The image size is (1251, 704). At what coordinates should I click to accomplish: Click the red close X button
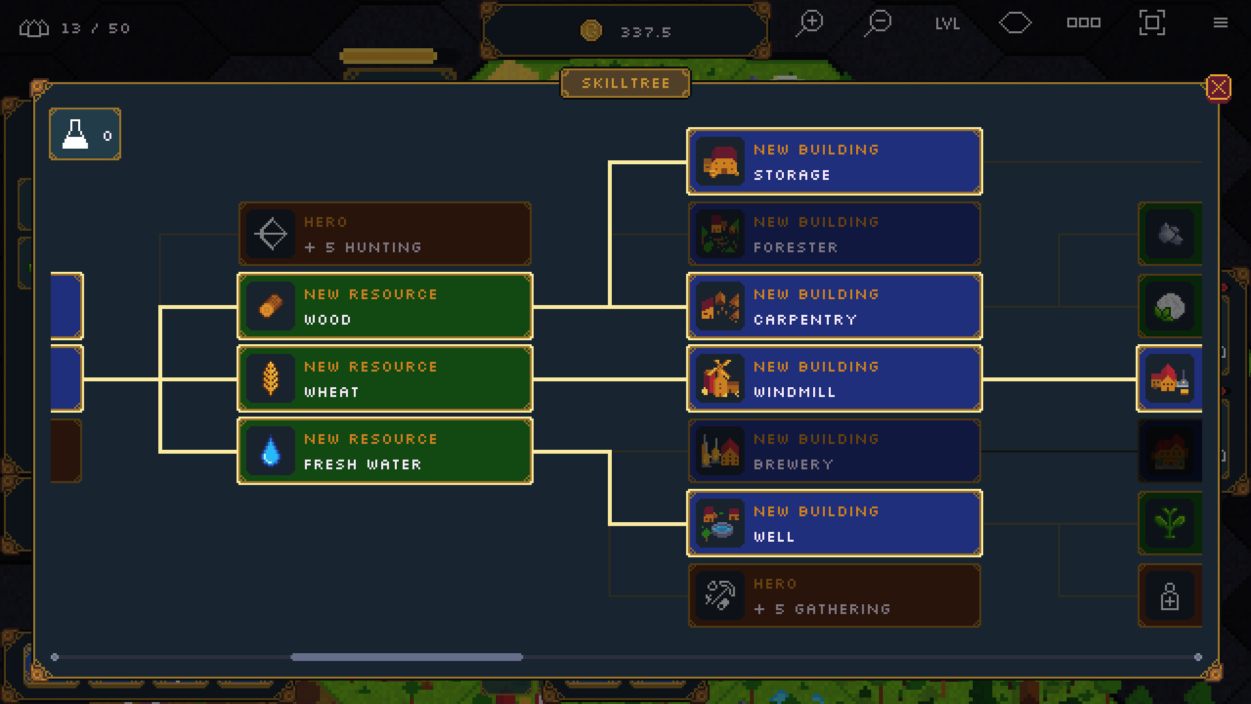pos(1218,87)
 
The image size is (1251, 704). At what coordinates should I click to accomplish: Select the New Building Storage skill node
pos(834,162)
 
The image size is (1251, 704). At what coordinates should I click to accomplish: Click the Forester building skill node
pos(834,234)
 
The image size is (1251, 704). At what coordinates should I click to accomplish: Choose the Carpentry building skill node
pos(834,306)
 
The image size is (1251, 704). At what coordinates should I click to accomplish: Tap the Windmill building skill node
pos(834,379)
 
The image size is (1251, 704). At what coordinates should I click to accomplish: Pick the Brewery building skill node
pos(834,451)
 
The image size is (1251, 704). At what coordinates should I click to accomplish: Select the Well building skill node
pos(834,523)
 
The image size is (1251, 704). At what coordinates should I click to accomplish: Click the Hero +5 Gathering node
pos(834,596)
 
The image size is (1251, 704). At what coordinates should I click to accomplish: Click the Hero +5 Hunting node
pos(384,234)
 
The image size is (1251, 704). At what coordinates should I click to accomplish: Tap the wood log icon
pos(270,306)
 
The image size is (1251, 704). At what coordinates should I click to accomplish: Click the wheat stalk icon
pos(270,379)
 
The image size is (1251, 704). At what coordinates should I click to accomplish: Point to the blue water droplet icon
pos(270,450)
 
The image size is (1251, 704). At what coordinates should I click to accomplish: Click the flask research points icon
pos(75,134)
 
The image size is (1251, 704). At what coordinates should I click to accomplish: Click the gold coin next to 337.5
pos(591,31)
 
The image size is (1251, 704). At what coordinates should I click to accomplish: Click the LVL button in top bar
pos(947,24)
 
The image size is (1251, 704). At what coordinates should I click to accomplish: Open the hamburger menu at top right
pos(1220,23)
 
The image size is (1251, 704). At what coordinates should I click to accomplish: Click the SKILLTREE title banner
pos(625,83)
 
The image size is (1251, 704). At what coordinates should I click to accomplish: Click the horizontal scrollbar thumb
pos(407,657)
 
